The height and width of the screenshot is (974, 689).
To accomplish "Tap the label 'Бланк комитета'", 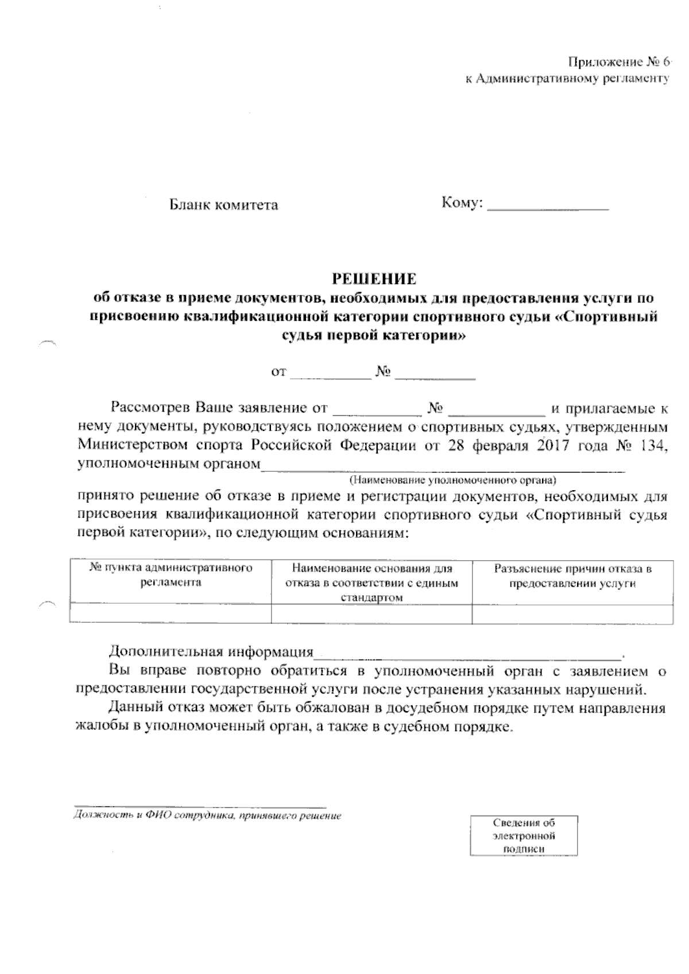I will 223,205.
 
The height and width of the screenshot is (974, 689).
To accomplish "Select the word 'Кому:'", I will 462,204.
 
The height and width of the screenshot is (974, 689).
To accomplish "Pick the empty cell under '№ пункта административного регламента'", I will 170,614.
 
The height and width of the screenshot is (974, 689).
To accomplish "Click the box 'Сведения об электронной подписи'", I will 524,836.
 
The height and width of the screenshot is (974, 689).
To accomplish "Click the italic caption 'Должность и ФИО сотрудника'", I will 208,816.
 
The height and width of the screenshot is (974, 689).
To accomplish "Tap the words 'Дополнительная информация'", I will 211,653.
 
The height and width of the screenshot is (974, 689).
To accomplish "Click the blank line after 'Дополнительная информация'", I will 468,653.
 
